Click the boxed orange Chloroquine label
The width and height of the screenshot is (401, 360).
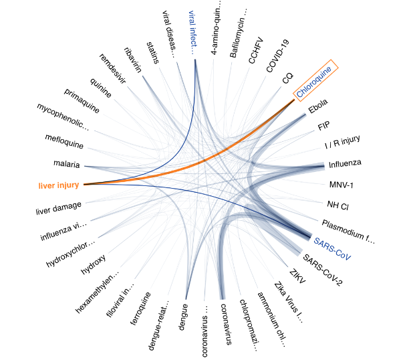coord(317,82)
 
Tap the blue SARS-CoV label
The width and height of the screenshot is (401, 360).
coord(331,248)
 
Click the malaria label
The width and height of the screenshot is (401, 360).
coord(67,164)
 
